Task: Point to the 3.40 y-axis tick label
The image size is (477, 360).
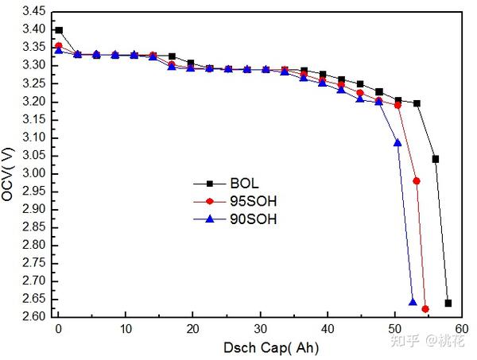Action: tap(32, 30)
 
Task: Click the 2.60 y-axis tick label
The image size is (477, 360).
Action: tap(32, 317)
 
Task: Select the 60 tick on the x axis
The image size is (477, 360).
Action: tap(463, 329)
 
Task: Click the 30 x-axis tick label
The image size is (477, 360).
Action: tap(260, 329)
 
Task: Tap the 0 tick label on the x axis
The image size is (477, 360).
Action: tap(58, 329)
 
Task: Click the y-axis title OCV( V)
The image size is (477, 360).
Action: tap(9, 173)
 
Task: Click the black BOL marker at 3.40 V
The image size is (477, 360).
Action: tap(59, 30)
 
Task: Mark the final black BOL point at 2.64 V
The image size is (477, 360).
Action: tap(448, 303)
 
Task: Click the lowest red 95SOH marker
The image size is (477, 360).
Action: tap(425, 308)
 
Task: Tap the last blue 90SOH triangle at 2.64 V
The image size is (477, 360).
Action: tap(413, 302)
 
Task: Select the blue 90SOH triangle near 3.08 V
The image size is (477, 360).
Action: tap(398, 142)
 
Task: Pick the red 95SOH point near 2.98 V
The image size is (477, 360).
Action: tap(417, 181)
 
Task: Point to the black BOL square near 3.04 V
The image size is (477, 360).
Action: tap(436, 159)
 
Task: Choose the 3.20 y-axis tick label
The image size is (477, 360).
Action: tap(32, 102)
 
